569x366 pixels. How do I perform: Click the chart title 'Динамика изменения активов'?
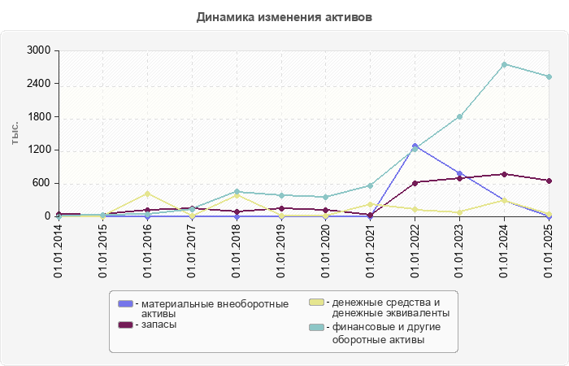[284, 16]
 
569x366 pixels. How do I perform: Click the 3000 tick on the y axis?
[37, 50]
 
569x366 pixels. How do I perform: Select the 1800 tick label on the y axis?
[37, 117]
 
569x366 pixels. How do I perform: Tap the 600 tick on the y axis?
[40, 183]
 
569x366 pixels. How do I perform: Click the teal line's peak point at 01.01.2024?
[504, 64]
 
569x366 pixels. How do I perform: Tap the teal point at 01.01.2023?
[459, 117]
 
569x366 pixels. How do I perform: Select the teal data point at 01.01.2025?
[549, 77]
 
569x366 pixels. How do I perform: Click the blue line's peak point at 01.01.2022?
[415, 146]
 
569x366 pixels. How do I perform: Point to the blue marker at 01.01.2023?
[459, 173]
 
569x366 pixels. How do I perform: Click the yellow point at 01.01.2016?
[147, 194]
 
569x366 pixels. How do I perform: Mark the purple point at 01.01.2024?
[504, 174]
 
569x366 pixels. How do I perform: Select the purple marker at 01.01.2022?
[415, 183]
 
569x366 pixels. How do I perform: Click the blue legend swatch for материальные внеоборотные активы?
[125, 303]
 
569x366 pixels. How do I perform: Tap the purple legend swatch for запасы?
[125, 325]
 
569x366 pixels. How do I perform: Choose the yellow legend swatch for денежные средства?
[317, 303]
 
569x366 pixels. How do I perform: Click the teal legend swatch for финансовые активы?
[317, 328]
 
